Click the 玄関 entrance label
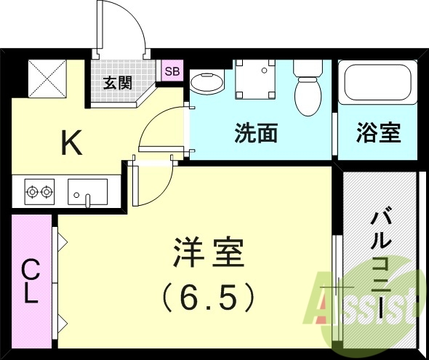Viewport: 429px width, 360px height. [x=117, y=82]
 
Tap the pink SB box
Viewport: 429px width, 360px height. [x=172, y=71]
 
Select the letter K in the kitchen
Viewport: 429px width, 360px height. [x=71, y=143]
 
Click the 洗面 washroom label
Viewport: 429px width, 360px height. [x=256, y=133]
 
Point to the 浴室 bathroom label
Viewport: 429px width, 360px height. [x=378, y=133]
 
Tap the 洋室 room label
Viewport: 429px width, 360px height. [x=207, y=255]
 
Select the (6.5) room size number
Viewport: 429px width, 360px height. [x=207, y=296]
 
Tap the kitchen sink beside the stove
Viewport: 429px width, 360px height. [x=87, y=192]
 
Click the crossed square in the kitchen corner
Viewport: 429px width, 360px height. [x=46, y=78]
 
